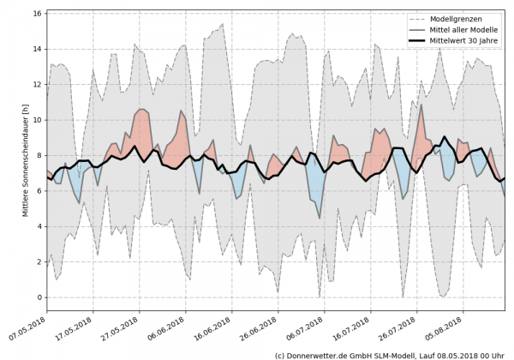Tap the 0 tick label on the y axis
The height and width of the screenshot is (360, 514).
pos(40,297)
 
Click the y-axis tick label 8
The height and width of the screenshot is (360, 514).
pos(40,156)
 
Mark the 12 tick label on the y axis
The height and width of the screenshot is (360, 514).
pos(38,85)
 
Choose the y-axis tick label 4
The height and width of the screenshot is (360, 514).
pos(40,226)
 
